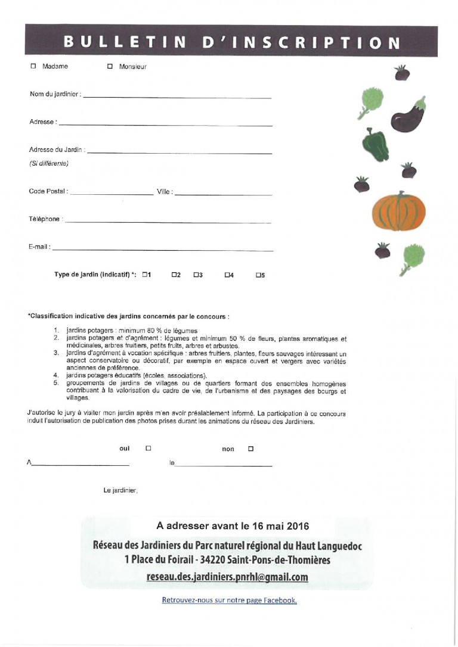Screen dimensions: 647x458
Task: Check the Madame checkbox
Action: [33, 66]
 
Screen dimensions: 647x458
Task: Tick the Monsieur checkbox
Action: [110, 67]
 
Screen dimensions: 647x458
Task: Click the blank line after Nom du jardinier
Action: [177, 96]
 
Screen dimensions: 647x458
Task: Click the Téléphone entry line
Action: [168, 222]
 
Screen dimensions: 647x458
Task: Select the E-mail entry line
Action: [162, 250]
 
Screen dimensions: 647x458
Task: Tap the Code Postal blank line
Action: [112, 194]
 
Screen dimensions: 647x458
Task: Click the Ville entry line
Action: [224, 194]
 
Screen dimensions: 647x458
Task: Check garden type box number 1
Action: [144, 275]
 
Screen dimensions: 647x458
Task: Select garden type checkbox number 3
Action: [196, 275]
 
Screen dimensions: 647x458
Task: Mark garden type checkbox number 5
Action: [258, 275]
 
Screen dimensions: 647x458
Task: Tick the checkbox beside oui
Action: [148, 448]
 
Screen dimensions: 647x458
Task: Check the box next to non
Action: [250, 448]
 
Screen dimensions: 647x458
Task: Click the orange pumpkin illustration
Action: [398, 211]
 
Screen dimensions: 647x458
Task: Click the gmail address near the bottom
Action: [227, 577]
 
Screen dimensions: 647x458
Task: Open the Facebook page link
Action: [230, 600]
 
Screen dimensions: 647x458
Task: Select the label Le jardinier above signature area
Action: [120, 491]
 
